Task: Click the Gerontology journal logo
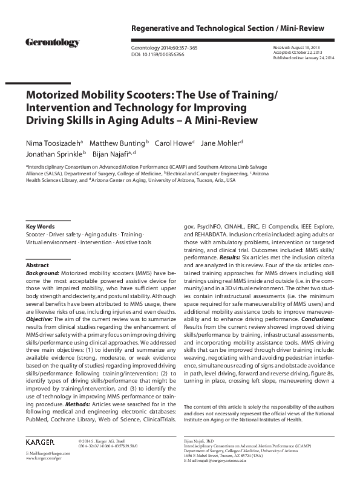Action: point(52,42)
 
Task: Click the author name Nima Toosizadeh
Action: point(53,143)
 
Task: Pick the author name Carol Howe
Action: point(174,143)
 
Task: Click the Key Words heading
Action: point(40,226)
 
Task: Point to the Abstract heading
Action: point(38,265)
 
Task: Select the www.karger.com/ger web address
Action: point(44,459)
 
